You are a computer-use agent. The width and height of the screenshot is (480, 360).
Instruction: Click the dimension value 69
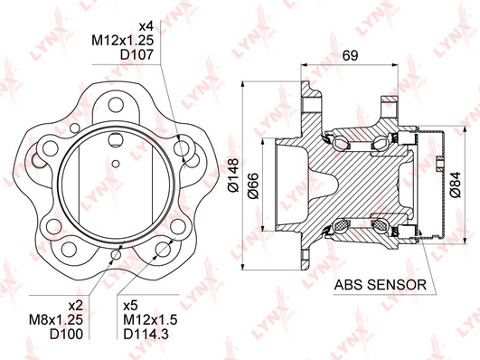(350, 55)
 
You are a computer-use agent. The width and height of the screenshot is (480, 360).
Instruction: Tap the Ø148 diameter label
(233, 175)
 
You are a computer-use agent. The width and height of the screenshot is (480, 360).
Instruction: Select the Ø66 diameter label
(253, 186)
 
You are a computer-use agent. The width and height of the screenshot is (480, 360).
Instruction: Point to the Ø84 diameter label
(456, 185)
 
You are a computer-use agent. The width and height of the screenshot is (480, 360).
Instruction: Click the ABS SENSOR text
(381, 285)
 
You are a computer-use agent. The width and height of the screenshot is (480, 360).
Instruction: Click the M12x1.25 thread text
(122, 41)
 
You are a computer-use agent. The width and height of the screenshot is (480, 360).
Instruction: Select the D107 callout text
(136, 54)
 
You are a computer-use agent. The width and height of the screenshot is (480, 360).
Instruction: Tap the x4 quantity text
(146, 26)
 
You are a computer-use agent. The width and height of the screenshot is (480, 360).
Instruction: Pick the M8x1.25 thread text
(56, 319)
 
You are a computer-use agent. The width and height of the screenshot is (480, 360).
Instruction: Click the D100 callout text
(66, 334)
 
